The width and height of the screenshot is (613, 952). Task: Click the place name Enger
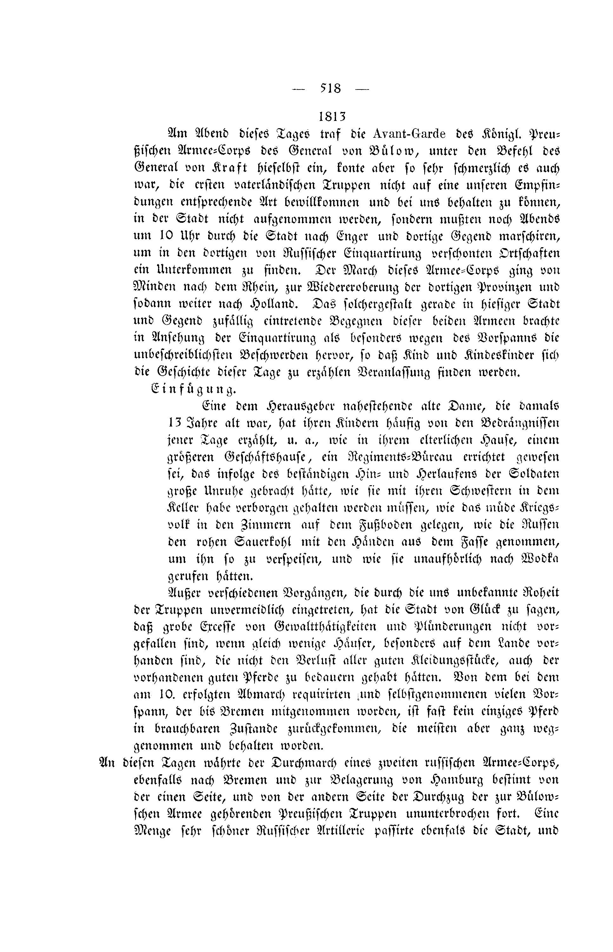tap(353, 236)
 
